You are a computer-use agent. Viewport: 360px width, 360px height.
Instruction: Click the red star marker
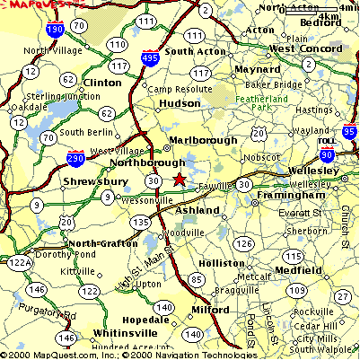point(179,180)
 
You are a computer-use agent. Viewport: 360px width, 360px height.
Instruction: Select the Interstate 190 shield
point(54,31)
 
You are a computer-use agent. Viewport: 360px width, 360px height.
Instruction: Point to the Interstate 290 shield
point(76,160)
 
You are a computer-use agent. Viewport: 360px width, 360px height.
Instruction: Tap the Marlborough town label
point(204,140)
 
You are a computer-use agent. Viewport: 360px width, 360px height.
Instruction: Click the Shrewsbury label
point(93,181)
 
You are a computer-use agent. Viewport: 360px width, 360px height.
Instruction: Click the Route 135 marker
point(140,222)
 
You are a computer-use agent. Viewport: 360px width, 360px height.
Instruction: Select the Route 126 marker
point(242,243)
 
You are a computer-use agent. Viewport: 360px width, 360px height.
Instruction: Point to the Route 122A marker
point(17,262)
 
